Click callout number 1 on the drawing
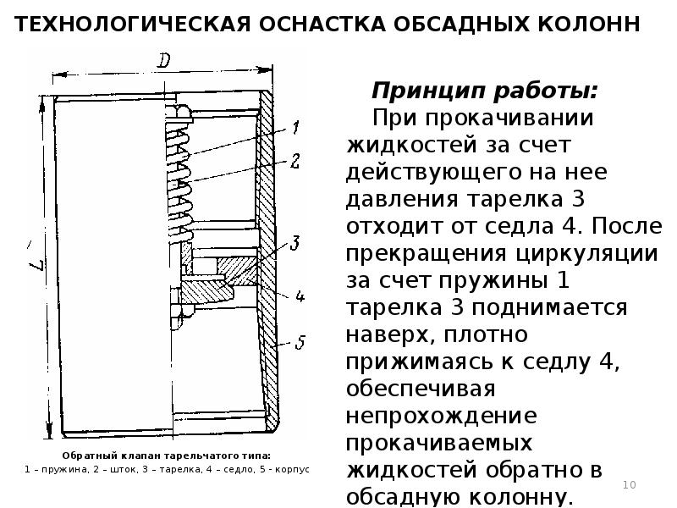coord(296,129)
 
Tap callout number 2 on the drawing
coord(295,161)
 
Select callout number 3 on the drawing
coord(294,244)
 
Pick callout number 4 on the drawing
coord(299,297)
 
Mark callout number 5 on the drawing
coord(300,342)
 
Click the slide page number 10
coord(629,484)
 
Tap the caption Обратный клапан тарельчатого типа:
coord(166,454)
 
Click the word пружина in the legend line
coord(56,468)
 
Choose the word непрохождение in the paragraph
coord(441,417)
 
